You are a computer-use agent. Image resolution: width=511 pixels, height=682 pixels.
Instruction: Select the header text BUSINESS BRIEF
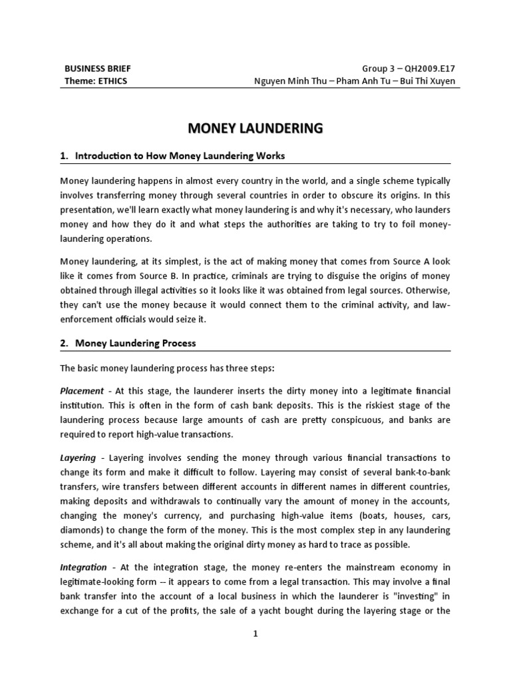point(92,69)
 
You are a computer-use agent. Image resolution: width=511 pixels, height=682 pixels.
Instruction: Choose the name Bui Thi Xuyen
point(425,81)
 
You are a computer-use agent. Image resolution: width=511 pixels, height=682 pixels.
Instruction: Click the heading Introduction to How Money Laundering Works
point(180,156)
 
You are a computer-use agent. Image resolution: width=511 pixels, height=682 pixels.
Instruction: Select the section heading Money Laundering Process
point(135,343)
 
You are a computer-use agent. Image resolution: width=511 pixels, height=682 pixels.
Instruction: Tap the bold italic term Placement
point(82,391)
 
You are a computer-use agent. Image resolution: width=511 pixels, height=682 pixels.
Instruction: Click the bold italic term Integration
point(83,567)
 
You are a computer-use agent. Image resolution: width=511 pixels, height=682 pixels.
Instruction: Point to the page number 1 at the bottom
point(255,635)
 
